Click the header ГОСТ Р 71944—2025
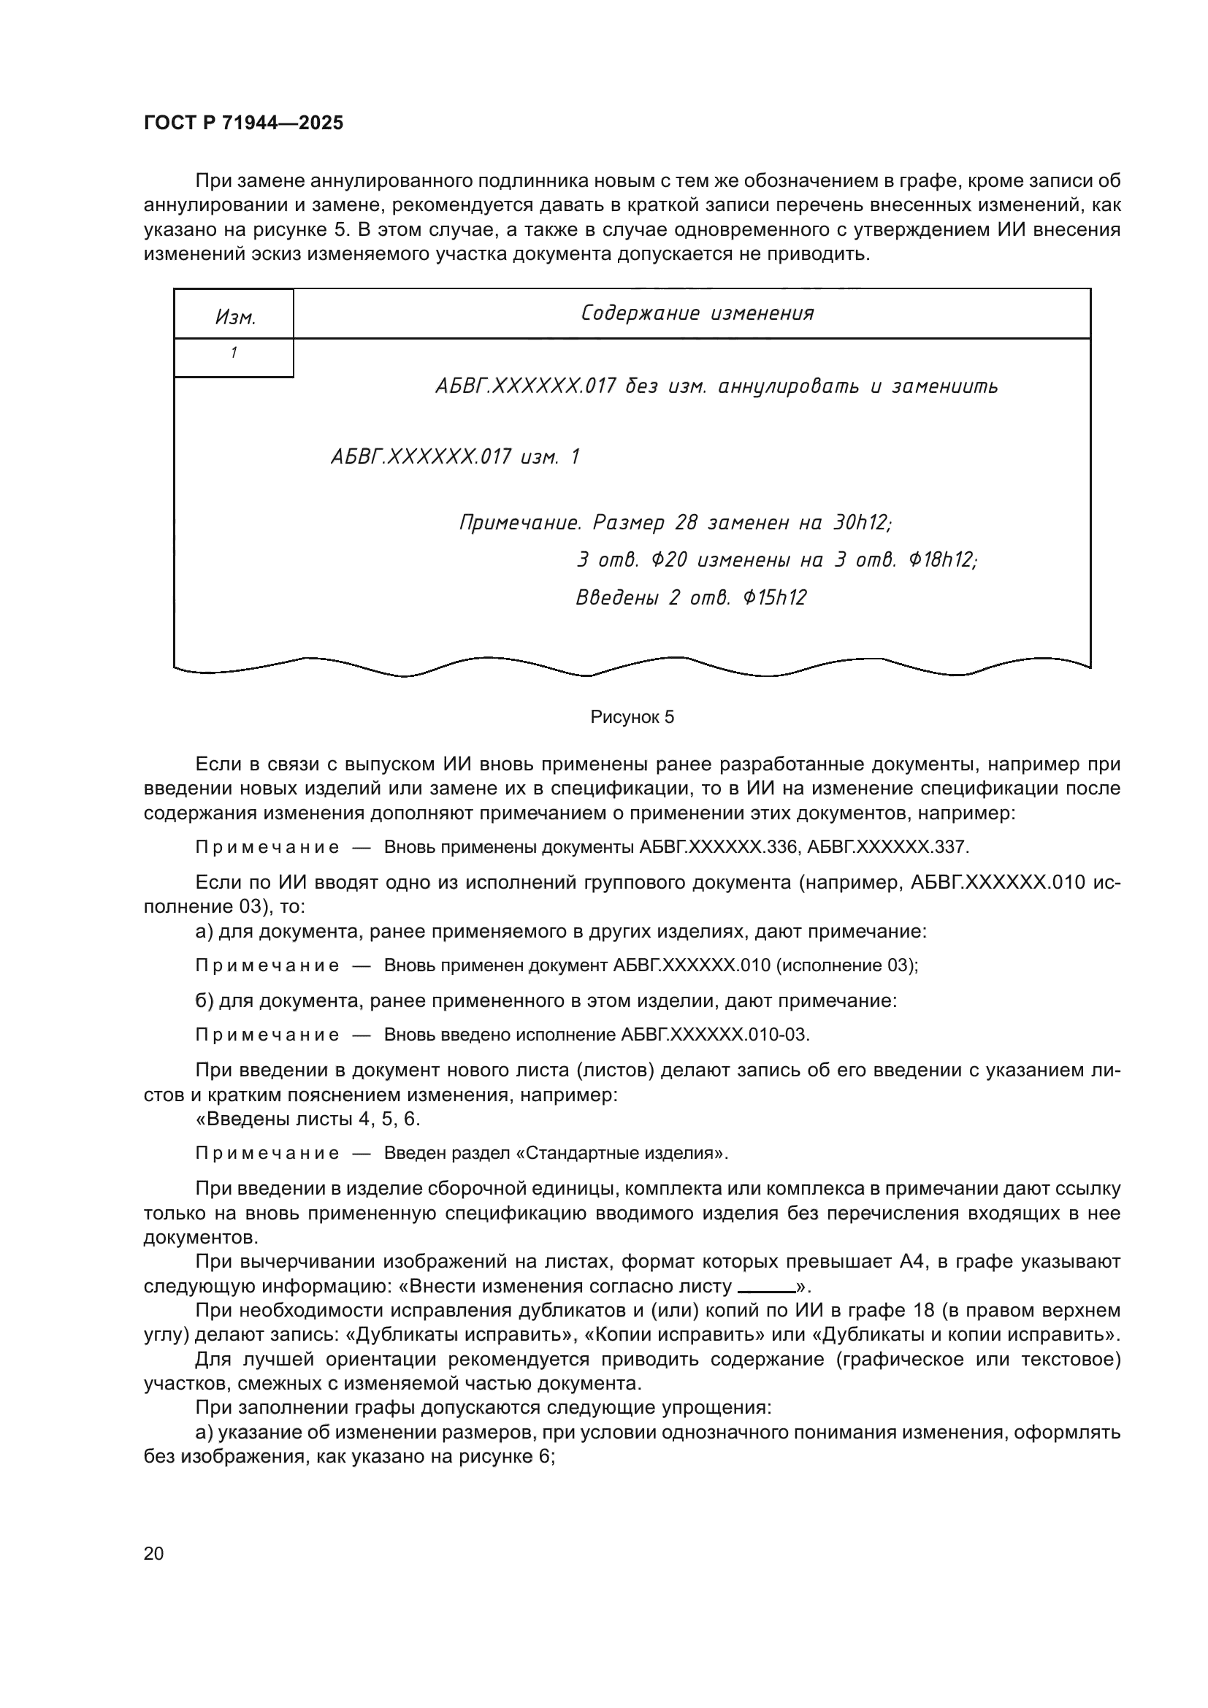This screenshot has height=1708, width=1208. click(x=243, y=123)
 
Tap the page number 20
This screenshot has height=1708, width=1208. click(x=153, y=1553)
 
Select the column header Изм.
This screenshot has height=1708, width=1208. click(x=235, y=318)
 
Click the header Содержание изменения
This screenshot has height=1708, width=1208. click(x=697, y=313)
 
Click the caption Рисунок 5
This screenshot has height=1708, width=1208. click(x=632, y=717)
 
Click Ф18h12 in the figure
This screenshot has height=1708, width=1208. click(x=941, y=560)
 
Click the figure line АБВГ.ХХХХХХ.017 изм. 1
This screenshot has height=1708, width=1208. click(x=454, y=456)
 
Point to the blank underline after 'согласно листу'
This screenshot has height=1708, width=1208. click(x=766, y=1287)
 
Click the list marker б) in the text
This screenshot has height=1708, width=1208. click(x=204, y=1000)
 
